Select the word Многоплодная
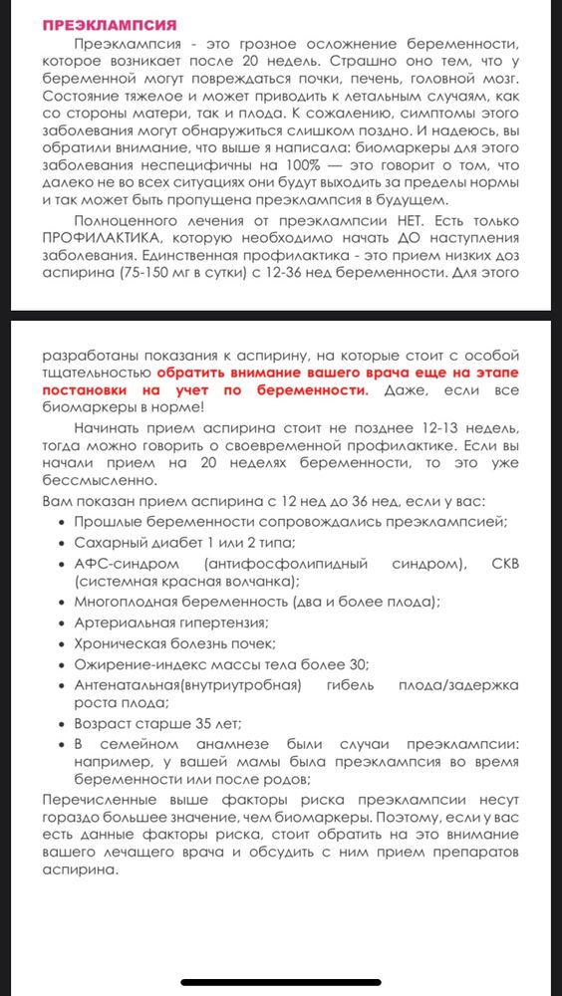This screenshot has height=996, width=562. pyautogui.click(x=128, y=602)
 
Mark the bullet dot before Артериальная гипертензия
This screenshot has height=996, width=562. pyautogui.click(x=64, y=623)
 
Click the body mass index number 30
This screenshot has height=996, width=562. pyautogui.click(x=355, y=664)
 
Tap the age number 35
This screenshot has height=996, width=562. pyautogui.click(x=199, y=723)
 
